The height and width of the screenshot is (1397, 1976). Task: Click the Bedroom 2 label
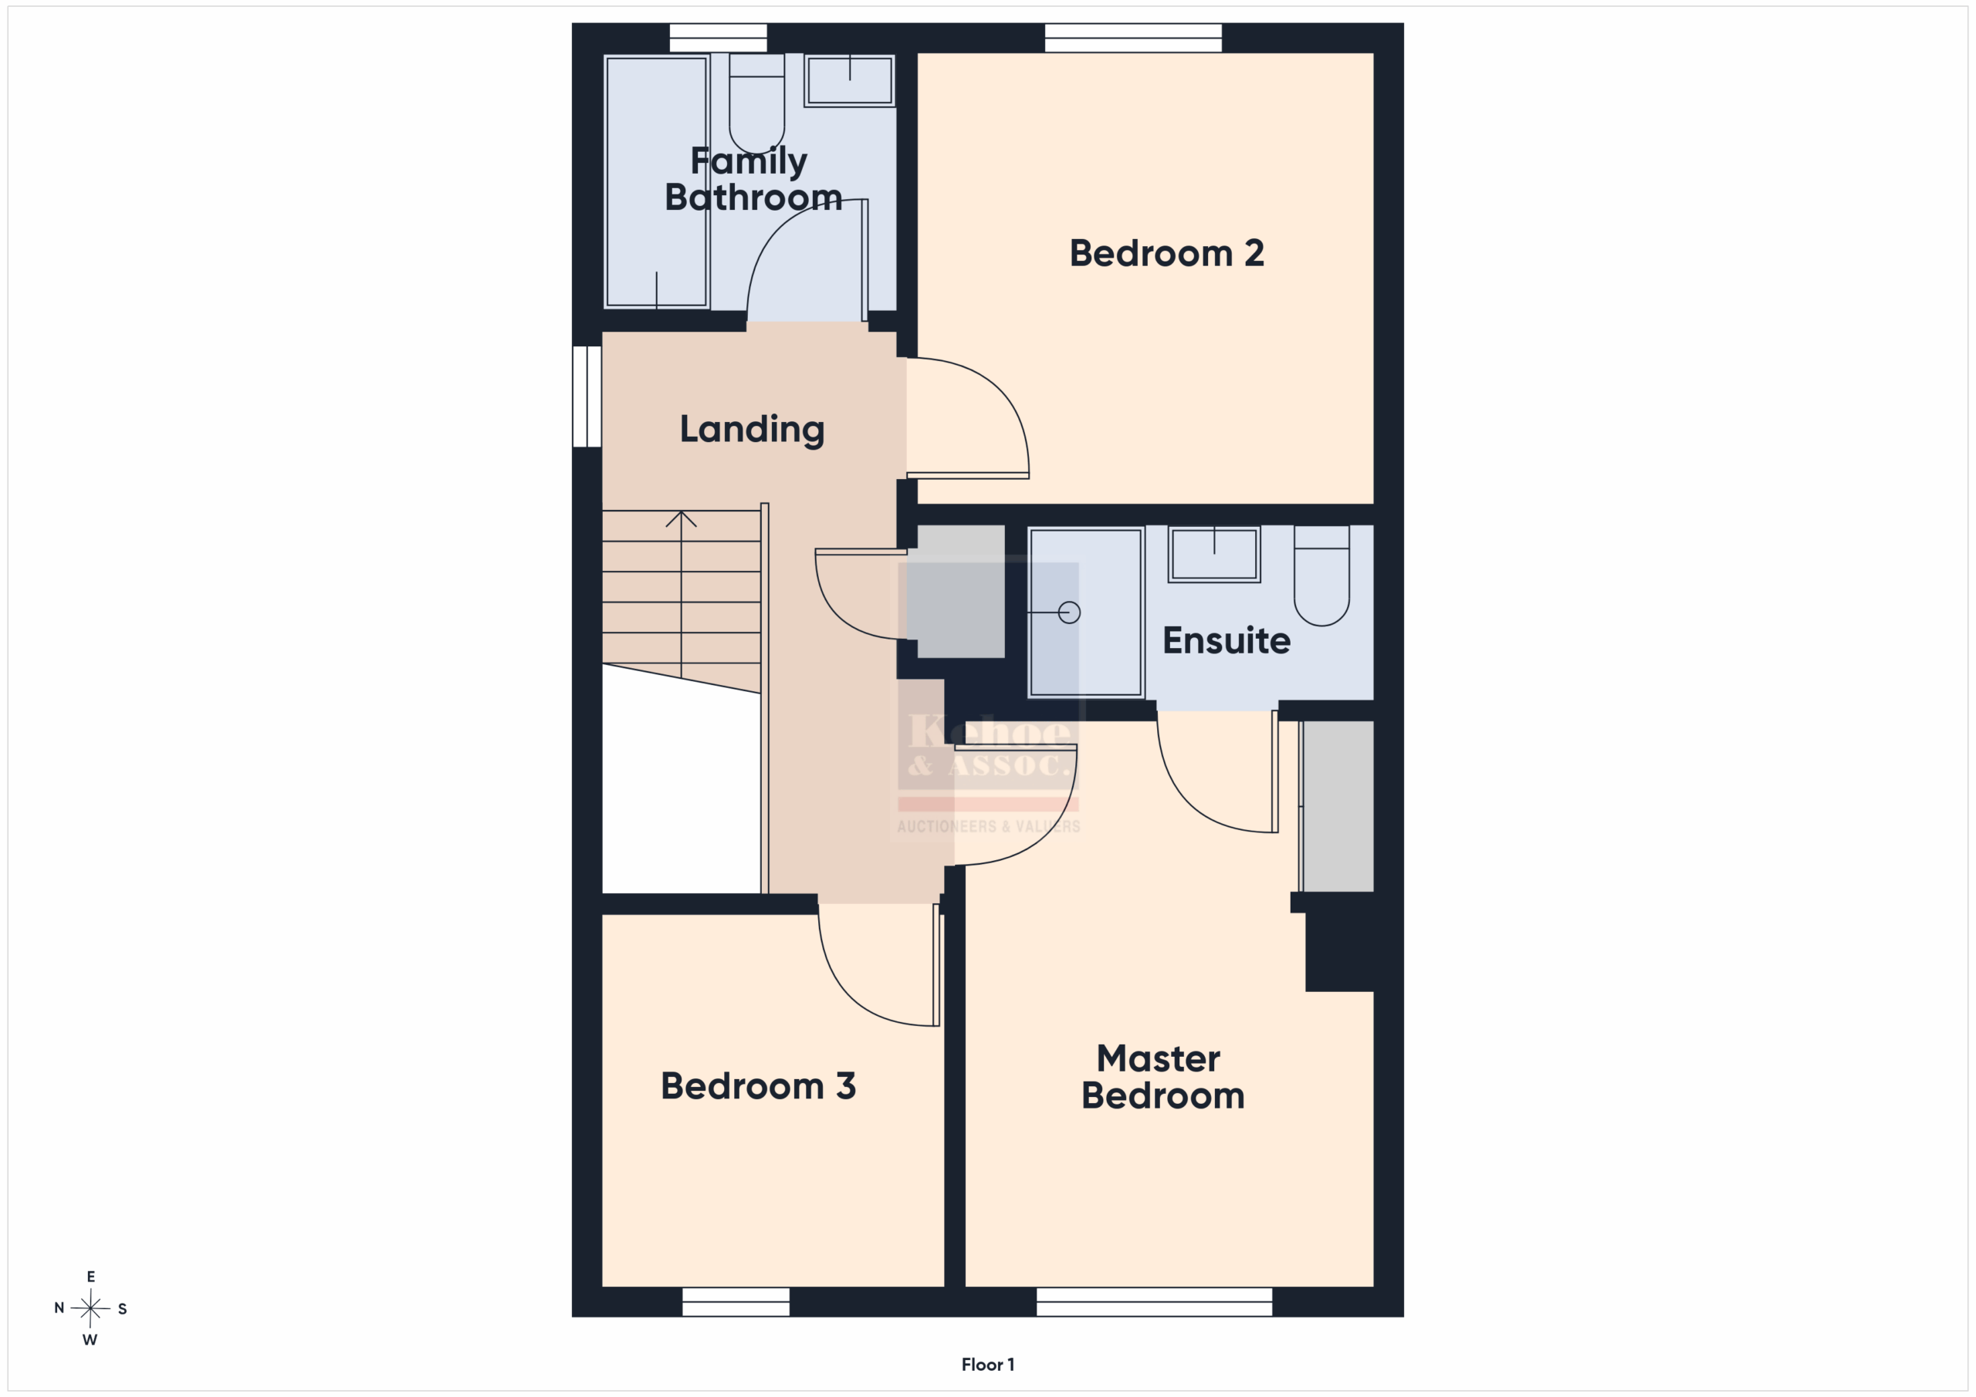pos(1166,253)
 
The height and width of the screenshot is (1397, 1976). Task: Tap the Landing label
pos(751,429)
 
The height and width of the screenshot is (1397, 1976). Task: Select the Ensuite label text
pos(1226,640)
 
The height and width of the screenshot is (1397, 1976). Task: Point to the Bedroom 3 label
pos(757,1085)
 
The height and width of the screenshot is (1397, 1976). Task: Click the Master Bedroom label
pos(1162,1077)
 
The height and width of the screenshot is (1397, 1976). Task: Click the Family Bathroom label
pos(752,179)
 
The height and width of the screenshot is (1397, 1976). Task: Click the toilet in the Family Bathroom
pos(756,103)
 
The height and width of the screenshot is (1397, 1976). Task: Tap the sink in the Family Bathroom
pos(849,80)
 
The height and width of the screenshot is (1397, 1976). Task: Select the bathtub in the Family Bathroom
pos(657,181)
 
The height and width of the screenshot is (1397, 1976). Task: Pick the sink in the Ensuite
pos(1213,554)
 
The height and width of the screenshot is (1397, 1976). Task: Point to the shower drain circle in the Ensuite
pos(1069,612)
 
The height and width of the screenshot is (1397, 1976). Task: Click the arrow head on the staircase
pos(681,518)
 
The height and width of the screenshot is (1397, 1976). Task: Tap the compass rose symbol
pos(90,1308)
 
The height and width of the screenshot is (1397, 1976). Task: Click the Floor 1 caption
pos(988,1365)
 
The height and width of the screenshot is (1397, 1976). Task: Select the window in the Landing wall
pos(587,396)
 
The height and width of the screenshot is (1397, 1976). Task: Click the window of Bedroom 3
pos(736,1301)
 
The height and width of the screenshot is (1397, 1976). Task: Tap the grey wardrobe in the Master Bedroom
pos(1337,806)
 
